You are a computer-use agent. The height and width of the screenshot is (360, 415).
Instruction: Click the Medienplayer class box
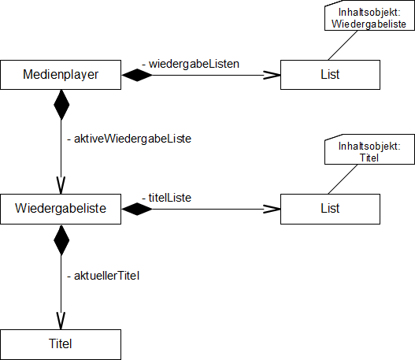pyautogui.click(x=61, y=75)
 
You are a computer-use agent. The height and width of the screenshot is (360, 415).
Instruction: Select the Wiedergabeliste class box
pyautogui.click(x=61, y=209)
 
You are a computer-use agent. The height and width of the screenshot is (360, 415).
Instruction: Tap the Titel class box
pyautogui.click(x=61, y=344)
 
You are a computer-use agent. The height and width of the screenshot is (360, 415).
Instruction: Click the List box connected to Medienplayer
pyautogui.click(x=330, y=75)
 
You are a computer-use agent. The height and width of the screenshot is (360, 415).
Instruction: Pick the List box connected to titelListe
pyautogui.click(x=330, y=209)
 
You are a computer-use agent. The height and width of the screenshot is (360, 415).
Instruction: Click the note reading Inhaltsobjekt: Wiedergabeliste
pyautogui.click(x=369, y=16)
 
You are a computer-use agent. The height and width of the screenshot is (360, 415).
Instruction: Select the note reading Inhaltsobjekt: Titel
pyautogui.click(x=369, y=150)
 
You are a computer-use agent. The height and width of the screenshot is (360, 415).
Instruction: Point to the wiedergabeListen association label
pyautogui.click(x=191, y=64)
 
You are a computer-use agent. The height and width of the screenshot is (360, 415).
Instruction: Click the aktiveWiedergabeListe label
pyautogui.click(x=129, y=139)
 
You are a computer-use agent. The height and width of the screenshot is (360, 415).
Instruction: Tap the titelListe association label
pyautogui.click(x=166, y=198)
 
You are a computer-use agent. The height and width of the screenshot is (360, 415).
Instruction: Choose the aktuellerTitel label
pyautogui.click(x=103, y=276)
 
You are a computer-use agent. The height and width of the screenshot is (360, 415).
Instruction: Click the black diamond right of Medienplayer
pyautogui.click(x=137, y=75)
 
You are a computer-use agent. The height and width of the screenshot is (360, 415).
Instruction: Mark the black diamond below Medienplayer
pyautogui.click(x=61, y=105)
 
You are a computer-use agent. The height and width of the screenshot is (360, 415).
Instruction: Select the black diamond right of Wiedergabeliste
pyautogui.click(x=137, y=209)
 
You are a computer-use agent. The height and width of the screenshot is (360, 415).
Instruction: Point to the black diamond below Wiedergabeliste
pyautogui.click(x=61, y=240)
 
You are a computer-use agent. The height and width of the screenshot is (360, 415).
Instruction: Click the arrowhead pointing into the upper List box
pyautogui.click(x=272, y=75)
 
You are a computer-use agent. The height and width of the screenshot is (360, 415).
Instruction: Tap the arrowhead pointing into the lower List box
pyautogui.click(x=272, y=209)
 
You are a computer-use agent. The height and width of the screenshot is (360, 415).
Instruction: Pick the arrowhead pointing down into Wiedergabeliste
pyautogui.click(x=61, y=185)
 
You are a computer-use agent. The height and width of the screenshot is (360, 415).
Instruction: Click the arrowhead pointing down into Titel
pyautogui.click(x=61, y=321)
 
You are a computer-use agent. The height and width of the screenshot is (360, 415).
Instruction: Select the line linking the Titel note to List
pyautogui.click(x=343, y=179)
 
